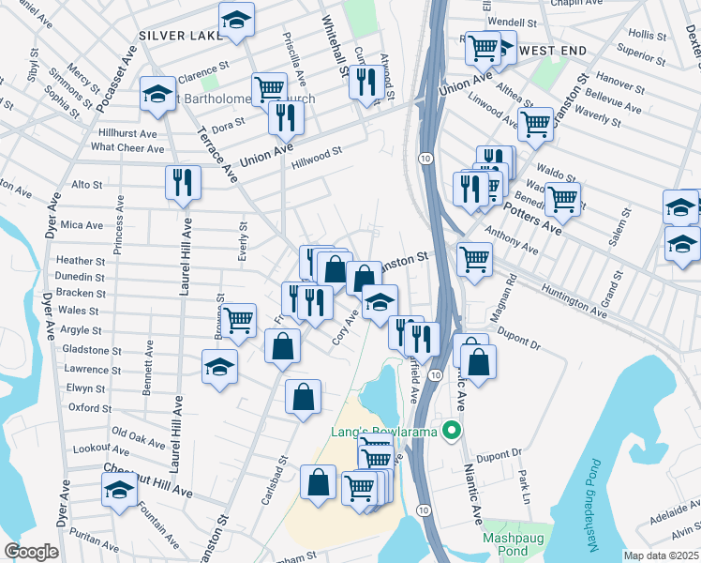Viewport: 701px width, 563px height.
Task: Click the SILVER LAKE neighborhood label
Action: (180, 35)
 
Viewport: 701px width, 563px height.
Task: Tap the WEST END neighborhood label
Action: (553, 48)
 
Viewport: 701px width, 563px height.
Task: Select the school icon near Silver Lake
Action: (237, 21)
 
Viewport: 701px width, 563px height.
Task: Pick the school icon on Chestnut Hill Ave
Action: (119, 490)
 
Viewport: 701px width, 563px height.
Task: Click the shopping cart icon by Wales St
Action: (239, 320)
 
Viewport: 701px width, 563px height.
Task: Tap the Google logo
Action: (31, 552)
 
